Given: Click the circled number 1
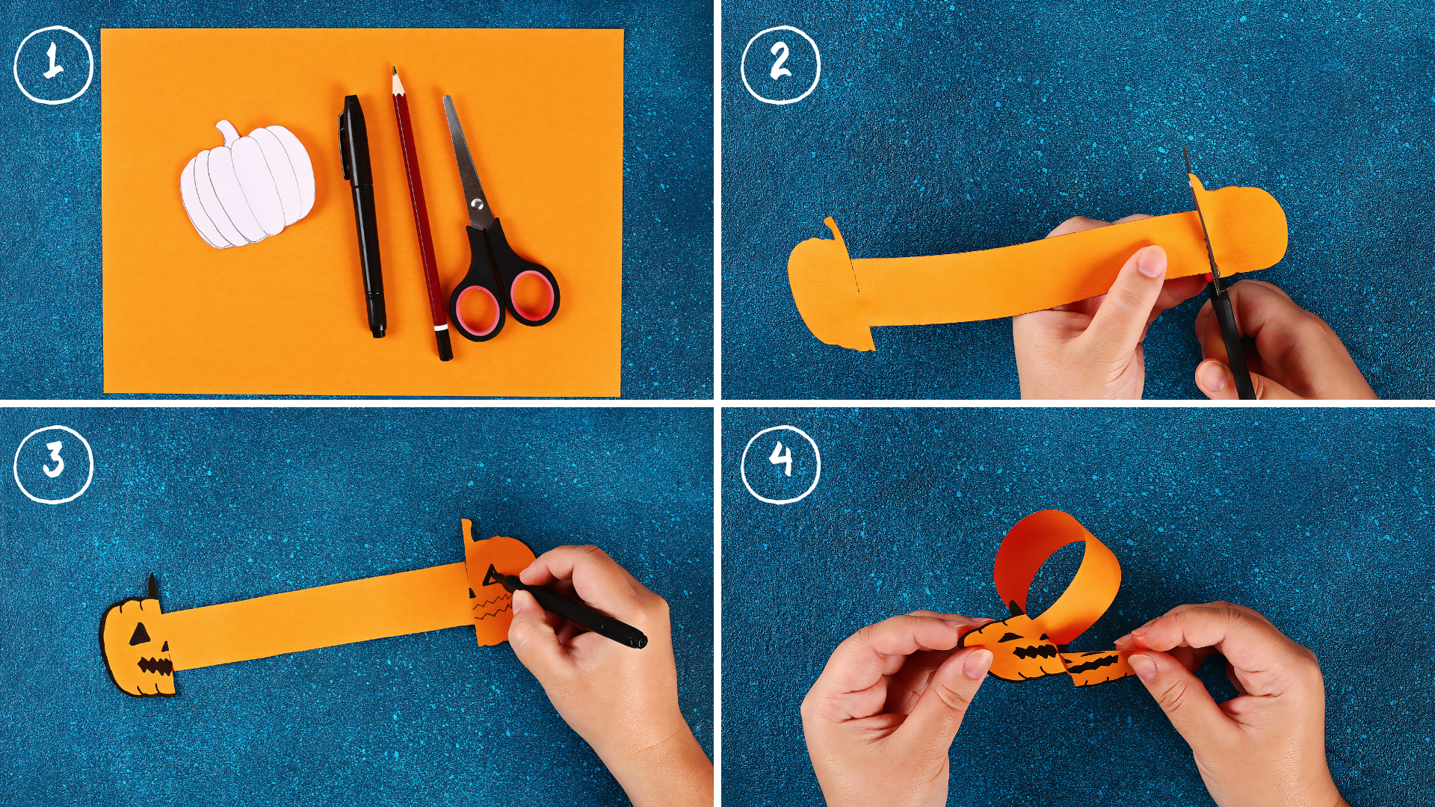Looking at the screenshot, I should (x=53, y=64).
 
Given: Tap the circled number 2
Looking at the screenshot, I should (x=780, y=64).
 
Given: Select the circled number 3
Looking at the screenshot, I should (x=53, y=463).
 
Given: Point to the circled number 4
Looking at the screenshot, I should (x=780, y=463).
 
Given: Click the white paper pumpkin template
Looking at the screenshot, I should (x=247, y=187).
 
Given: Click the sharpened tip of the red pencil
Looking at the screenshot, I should (x=395, y=74).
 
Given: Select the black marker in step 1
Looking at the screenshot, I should (x=364, y=217).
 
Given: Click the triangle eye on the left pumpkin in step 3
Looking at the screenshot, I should (x=139, y=635).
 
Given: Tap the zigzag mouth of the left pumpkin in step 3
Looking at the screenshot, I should (x=155, y=666).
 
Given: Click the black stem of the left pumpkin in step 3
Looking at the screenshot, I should (x=152, y=586).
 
